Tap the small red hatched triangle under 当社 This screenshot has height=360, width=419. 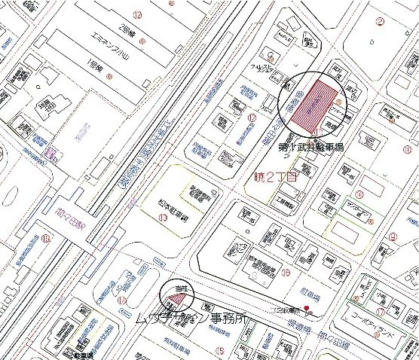coord(178,300)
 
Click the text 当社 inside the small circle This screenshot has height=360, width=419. coord(178,288)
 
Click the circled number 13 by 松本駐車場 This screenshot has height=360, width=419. coord(163,218)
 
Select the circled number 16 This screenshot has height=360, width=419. coord(286,272)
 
